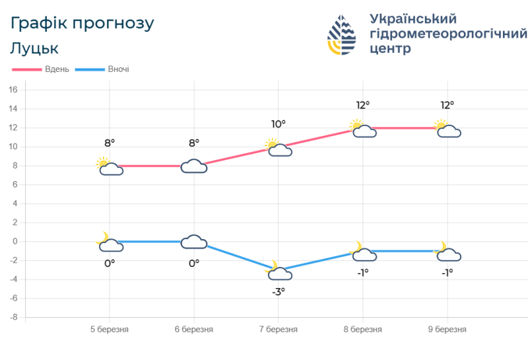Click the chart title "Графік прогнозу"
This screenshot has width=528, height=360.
coord(82,23)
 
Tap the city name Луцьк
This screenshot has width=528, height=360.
coord(34,48)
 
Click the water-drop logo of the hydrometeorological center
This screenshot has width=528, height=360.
coord(342,34)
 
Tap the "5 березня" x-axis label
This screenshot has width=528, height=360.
coord(110,330)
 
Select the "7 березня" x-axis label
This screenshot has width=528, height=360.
coord(279,330)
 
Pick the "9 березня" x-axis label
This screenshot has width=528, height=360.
coord(447,330)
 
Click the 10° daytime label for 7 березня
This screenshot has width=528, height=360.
coord(279,124)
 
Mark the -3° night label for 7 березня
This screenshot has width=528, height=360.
coord(279,291)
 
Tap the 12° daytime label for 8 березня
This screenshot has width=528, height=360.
coord(363,104)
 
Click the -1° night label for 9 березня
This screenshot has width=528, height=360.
coord(447,272)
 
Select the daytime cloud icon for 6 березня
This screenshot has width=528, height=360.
coord(194,166)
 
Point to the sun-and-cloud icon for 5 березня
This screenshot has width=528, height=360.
coord(110,166)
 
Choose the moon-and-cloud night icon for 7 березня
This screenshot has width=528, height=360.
coord(279,271)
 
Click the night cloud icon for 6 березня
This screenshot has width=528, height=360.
coord(194,242)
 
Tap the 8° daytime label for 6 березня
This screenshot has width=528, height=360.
coord(194,143)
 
